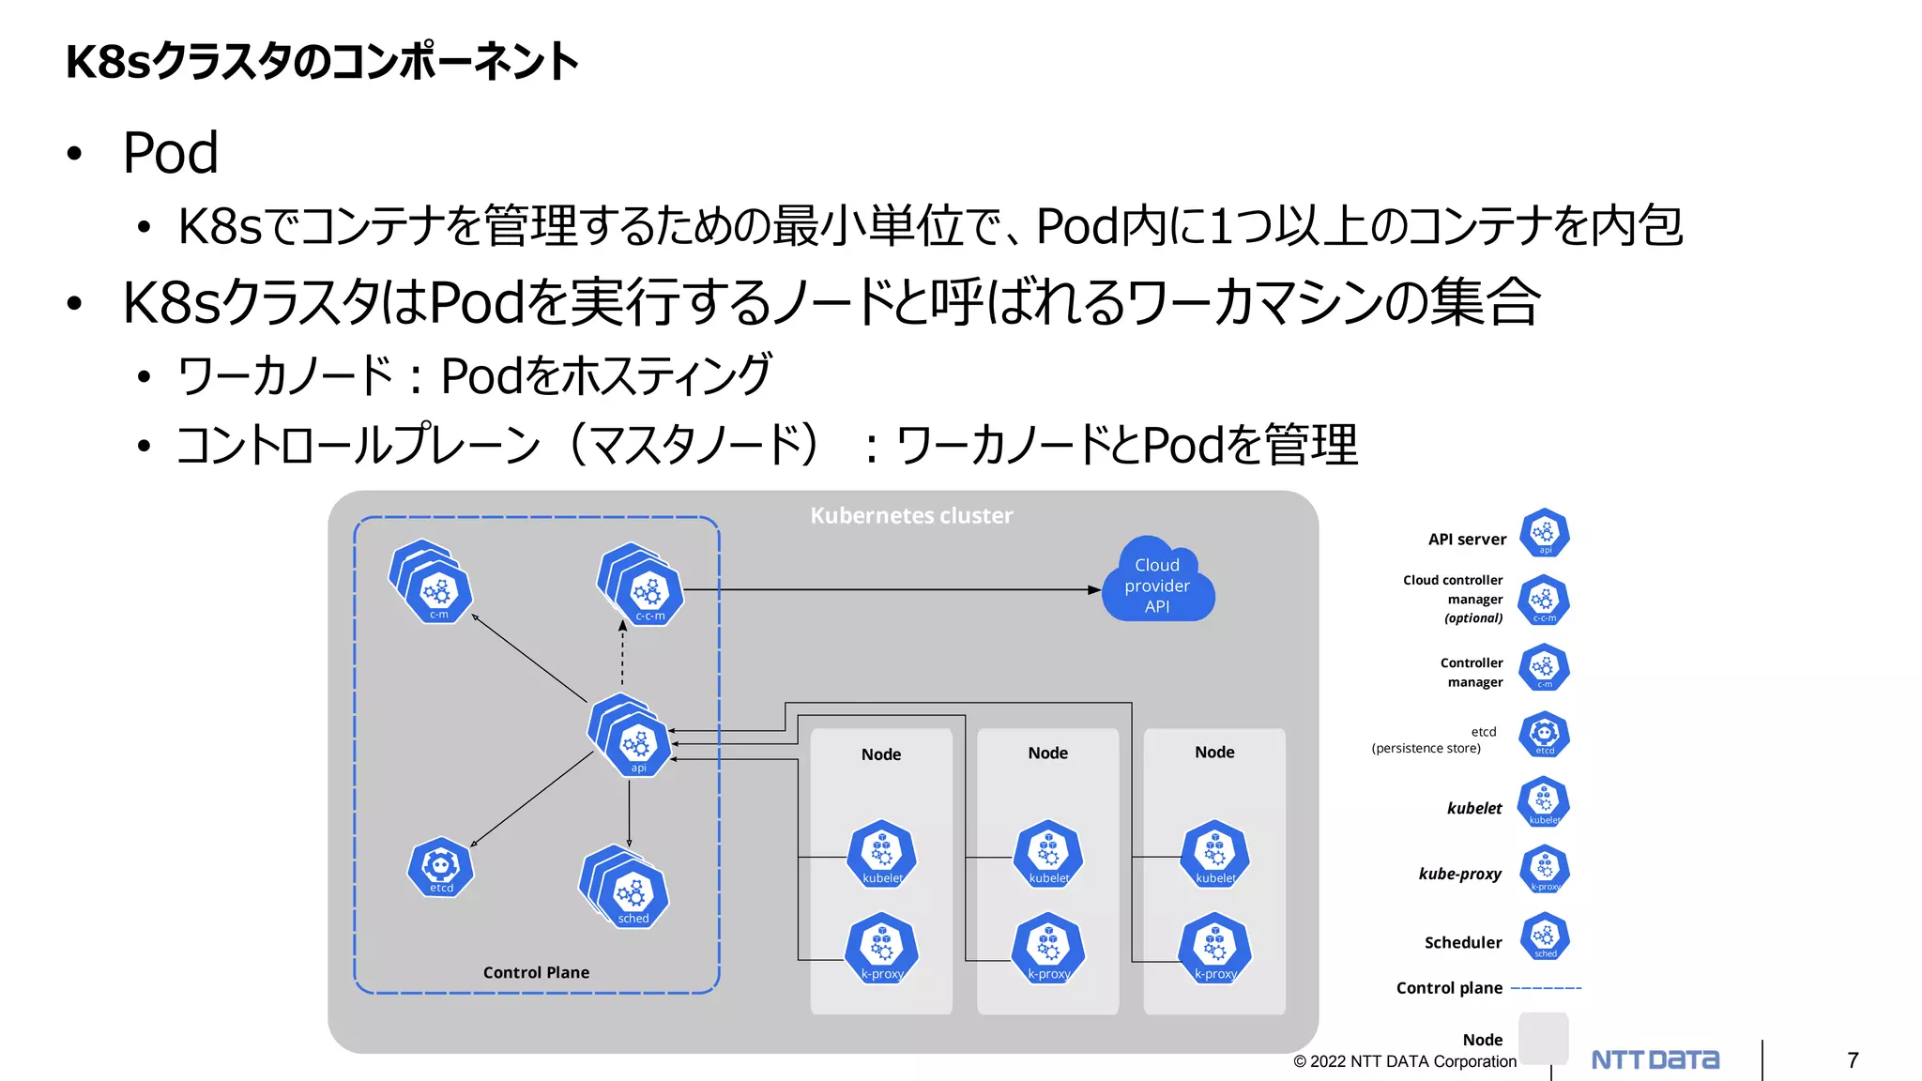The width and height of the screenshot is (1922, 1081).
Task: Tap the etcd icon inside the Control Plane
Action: point(440,867)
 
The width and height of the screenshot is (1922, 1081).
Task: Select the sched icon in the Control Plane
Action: point(633,895)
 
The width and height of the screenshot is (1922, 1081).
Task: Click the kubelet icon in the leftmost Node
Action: point(881,855)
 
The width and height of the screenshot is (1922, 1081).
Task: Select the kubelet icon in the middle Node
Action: point(1048,855)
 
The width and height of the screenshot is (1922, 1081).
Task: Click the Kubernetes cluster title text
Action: point(911,515)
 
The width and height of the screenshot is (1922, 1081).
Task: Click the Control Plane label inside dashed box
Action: point(536,972)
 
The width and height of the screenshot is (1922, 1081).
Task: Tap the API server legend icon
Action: point(1544,534)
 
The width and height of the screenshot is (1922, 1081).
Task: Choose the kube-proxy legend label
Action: point(1459,874)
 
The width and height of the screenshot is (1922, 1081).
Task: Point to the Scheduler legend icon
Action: point(1544,936)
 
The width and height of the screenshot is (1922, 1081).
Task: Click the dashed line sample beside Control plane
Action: point(1546,988)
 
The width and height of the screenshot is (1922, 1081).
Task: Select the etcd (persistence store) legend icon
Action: point(1544,735)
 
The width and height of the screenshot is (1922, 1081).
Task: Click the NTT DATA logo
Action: point(1655,1059)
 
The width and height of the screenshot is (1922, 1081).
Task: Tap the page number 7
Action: point(1852,1060)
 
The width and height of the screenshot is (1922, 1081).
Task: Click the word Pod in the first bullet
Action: point(170,153)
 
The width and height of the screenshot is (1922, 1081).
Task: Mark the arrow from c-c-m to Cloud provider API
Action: point(892,589)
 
